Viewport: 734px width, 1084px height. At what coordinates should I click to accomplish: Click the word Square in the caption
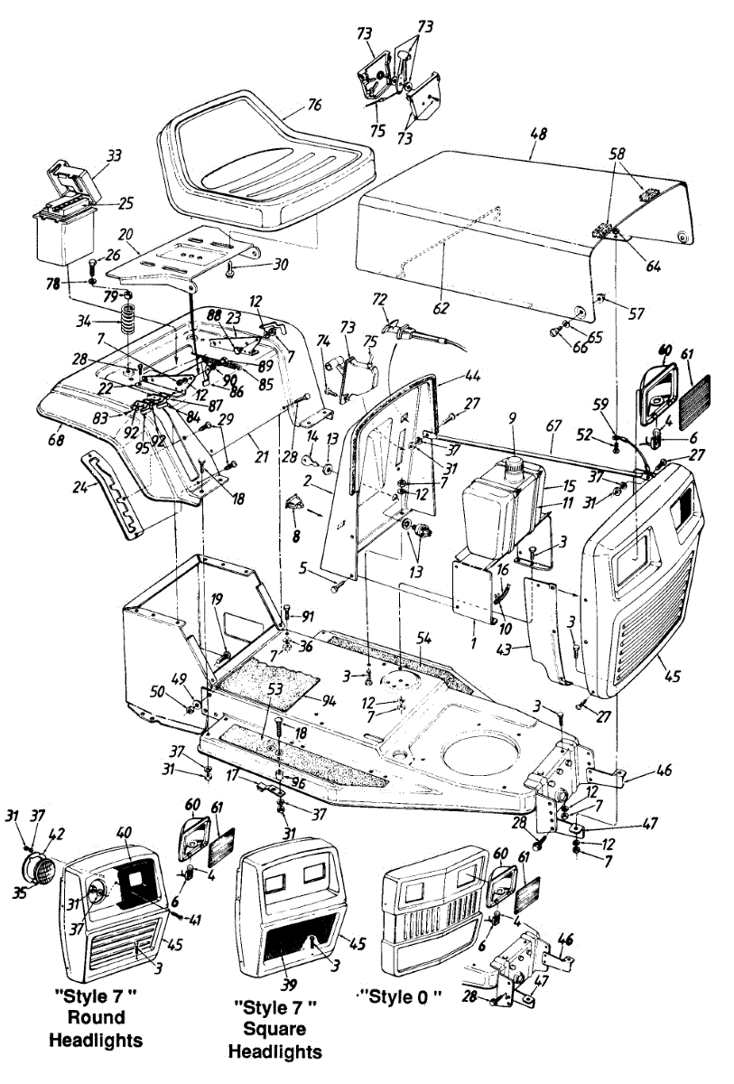(x=276, y=1029)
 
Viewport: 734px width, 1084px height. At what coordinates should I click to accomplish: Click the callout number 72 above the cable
(x=381, y=299)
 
